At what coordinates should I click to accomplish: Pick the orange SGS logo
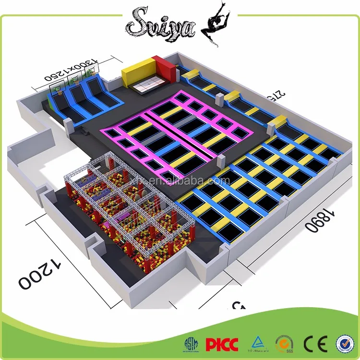(x=283, y=344)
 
